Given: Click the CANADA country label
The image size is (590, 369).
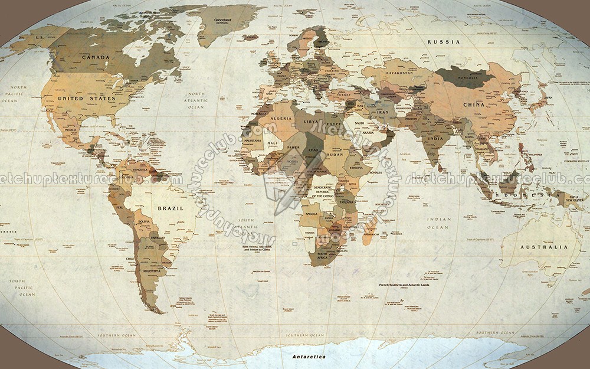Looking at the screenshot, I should [x=96, y=58].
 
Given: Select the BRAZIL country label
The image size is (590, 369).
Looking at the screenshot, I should [x=171, y=208].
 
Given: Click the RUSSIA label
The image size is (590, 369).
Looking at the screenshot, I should [x=444, y=42].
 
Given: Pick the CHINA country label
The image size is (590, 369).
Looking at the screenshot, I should [x=473, y=105].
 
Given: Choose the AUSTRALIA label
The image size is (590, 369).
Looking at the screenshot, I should [x=543, y=247].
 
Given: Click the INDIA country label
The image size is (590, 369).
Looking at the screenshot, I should [x=435, y=139].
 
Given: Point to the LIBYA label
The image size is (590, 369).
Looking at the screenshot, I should [x=310, y=122].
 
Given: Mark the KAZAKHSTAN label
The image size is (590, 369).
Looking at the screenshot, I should [x=399, y=73].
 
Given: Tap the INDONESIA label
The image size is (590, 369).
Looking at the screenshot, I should [x=513, y=194].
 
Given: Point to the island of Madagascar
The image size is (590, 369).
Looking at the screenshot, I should [x=369, y=234].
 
